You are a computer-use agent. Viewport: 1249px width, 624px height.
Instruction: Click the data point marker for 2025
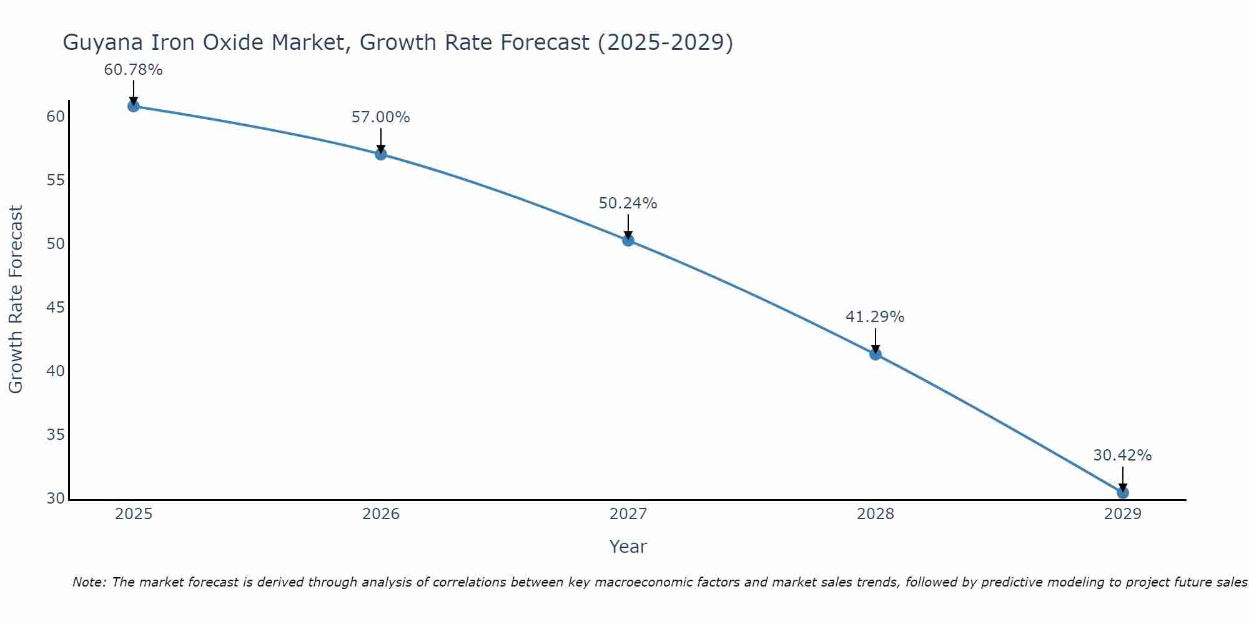point(133,106)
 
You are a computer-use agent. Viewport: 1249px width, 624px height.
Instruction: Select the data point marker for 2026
point(381,154)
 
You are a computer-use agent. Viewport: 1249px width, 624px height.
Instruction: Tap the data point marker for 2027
point(628,240)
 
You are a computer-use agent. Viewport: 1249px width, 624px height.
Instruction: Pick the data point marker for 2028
point(876,354)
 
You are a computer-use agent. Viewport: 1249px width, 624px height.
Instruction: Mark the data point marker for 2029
point(1123,493)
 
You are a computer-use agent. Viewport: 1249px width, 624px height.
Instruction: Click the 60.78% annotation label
point(133,70)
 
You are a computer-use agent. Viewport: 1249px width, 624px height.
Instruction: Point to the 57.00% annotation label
point(380,117)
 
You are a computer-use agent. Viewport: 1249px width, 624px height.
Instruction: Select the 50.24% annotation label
point(628,203)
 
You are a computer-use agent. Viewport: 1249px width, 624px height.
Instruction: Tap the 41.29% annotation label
point(875,317)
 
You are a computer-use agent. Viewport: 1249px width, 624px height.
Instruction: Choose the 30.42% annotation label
point(1122,456)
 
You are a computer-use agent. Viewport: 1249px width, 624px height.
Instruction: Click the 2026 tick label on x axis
point(381,514)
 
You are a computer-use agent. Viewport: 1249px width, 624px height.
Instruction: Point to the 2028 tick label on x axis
point(876,514)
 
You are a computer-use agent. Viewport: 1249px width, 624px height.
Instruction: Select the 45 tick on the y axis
point(56,308)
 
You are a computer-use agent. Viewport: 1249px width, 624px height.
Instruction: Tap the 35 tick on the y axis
point(56,435)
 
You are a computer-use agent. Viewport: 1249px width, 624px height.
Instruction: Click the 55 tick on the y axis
point(56,180)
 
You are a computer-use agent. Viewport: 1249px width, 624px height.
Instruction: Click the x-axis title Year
point(628,547)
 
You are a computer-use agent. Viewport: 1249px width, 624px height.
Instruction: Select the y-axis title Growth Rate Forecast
point(16,300)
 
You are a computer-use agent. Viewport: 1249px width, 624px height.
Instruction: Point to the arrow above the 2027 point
point(628,226)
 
